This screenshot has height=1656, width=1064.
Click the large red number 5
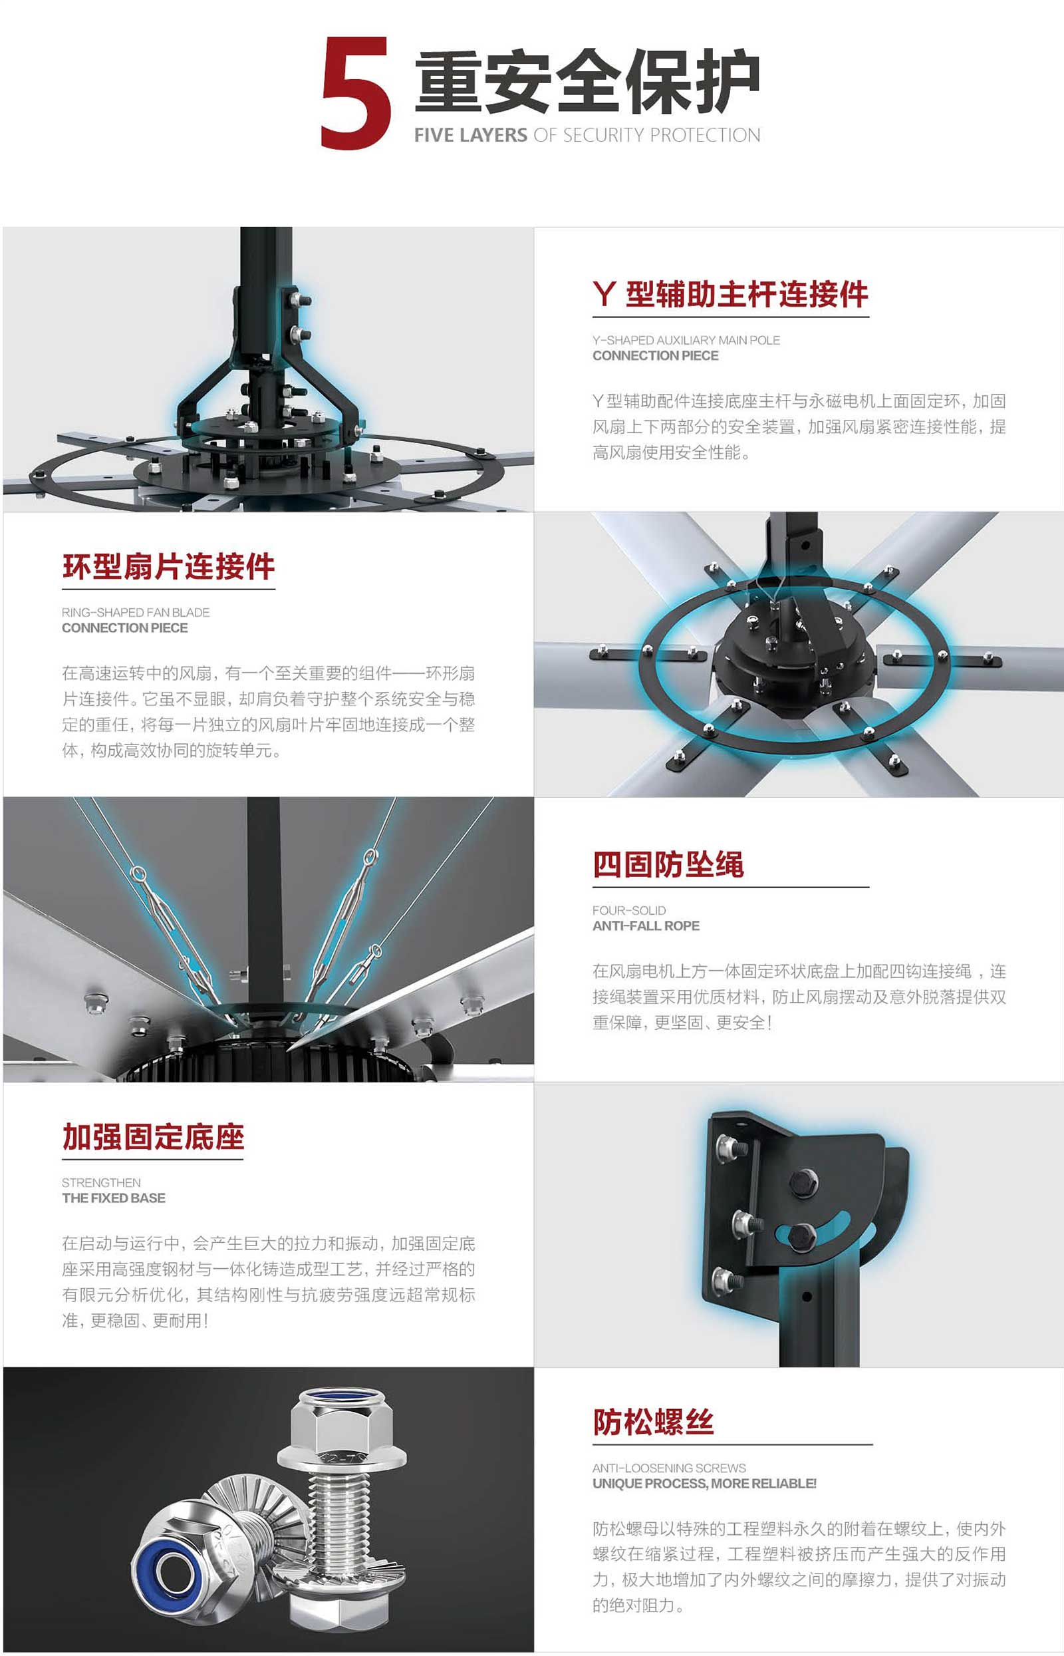pyautogui.click(x=356, y=92)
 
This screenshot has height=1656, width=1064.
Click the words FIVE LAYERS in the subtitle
pyautogui.click(x=471, y=135)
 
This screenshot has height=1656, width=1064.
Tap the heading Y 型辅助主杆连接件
pyautogui.click(x=730, y=295)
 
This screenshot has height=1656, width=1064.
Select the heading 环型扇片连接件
pyautogui.click(x=169, y=566)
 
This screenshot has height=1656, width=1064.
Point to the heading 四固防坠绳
pyautogui.click(x=668, y=865)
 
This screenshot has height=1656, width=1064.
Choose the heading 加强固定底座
pyautogui.click(x=154, y=1137)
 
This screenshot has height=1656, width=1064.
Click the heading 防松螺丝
pyautogui.click(x=653, y=1422)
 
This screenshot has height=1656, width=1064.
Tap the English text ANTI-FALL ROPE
pyautogui.click(x=646, y=925)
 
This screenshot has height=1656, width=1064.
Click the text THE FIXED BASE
pyautogui.click(x=114, y=1198)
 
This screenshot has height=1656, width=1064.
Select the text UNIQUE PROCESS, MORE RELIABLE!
pyautogui.click(x=705, y=1483)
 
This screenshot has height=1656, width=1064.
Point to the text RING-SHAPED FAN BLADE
pyautogui.click(x=136, y=612)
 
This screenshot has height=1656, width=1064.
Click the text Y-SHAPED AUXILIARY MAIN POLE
pyautogui.click(x=686, y=340)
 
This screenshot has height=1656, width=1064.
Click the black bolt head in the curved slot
pyautogui.click(x=803, y=1236)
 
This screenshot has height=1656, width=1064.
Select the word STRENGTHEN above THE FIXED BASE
pyautogui.click(x=101, y=1182)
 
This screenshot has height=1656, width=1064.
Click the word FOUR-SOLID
pyautogui.click(x=629, y=910)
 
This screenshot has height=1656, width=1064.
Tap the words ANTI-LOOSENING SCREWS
pyautogui.click(x=670, y=1468)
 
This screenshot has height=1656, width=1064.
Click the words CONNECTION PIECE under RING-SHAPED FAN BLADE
pyautogui.click(x=125, y=627)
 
